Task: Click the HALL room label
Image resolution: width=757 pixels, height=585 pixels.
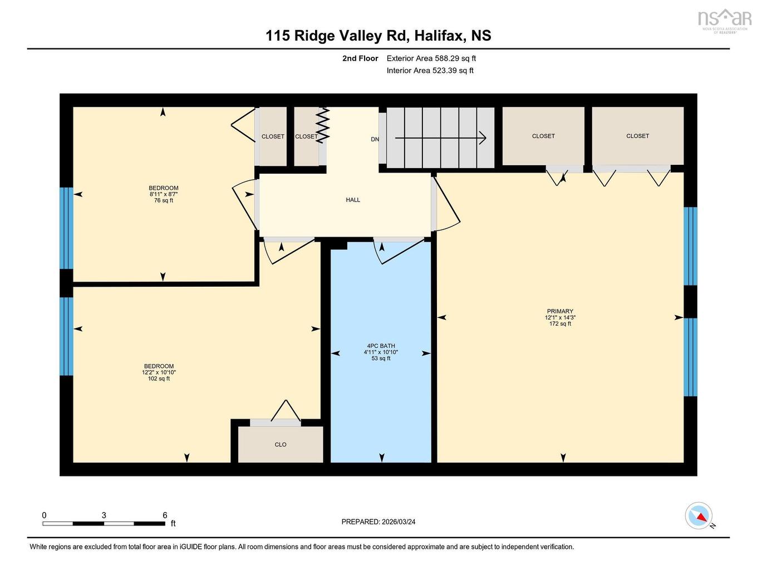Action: (x=353, y=200)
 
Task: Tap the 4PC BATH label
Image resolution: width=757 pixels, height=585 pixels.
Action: (x=381, y=346)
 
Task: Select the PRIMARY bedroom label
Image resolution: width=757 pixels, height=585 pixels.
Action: (x=560, y=311)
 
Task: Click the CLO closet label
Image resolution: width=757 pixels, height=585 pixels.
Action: (x=281, y=445)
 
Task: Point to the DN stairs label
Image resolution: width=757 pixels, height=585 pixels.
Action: (x=375, y=139)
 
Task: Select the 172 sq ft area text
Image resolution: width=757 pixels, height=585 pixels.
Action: (x=560, y=324)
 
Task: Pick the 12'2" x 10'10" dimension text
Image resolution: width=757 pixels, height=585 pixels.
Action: (x=159, y=372)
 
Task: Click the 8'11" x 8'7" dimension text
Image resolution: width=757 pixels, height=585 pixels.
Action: (x=164, y=194)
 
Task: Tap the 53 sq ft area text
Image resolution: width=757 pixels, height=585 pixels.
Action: (x=381, y=358)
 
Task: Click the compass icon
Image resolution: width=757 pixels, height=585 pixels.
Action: (x=699, y=515)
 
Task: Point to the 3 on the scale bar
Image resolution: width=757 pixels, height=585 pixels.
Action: (x=104, y=515)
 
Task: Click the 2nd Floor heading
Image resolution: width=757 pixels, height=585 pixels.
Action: (x=360, y=58)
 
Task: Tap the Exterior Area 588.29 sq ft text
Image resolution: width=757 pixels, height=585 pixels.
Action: (x=431, y=58)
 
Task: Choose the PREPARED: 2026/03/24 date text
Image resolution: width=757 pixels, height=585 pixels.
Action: (x=378, y=522)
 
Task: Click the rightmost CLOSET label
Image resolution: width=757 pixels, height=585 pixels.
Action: (x=637, y=136)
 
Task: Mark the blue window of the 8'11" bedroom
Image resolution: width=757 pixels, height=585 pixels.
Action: (x=66, y=228)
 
